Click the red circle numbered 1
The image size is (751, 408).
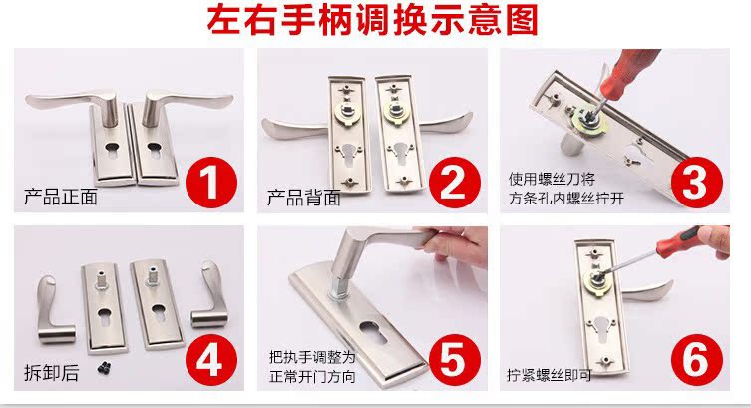[211, 183]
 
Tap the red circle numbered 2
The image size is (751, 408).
[455, 183]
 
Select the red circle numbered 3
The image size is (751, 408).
[697, 183]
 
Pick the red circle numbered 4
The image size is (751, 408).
[211, 360]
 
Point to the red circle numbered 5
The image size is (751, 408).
[455, 360]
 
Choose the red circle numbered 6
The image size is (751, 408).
[697, 360]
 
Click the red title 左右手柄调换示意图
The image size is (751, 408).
[373, 20]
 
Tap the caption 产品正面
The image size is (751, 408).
[61, 197]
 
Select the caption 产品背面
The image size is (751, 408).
[303, 198]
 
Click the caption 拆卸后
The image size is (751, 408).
[51, 372]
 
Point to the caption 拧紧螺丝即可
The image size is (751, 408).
[550, 375]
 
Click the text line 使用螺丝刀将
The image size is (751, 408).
[552, 180]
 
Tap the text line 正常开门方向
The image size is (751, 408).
[312, 376]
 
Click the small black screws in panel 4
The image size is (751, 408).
[105, 368]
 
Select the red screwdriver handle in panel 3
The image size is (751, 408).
[629, 71]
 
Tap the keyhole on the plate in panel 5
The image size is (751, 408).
[373, 331]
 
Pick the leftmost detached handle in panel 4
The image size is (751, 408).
[54, 309]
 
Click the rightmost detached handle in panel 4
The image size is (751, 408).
[210, 294]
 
